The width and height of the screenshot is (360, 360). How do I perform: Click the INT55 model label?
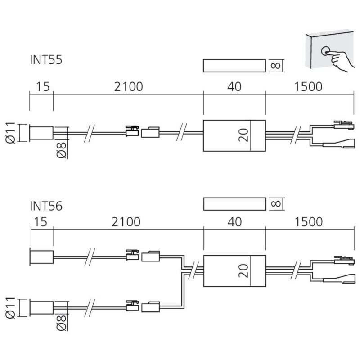pyautogui.click(x=46, y=60)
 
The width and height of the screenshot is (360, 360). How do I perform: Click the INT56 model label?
pyautogui.click(x=46, y=206)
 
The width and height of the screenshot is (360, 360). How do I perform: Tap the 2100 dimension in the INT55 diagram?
pyautogui.click(x=129, y=87)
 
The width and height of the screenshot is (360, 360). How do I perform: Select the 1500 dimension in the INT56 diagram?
pyautogui.click(x=308, y=222)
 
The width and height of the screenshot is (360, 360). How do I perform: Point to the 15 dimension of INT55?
pyautogui.click(x=43, y=87)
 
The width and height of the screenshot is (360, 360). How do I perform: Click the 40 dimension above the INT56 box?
pyautogui.click(x=234, y=222)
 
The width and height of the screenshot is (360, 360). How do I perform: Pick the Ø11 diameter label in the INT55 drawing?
pyautogui.click(x=10, y=133)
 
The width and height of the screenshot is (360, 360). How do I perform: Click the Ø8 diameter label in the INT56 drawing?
pyautogui.click(x=62, y=323)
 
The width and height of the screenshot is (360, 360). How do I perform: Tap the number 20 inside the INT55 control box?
pyautogui.click(x=243, y=135)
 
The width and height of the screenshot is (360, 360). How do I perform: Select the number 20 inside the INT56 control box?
pyautogui.click(x=243, y=270)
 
